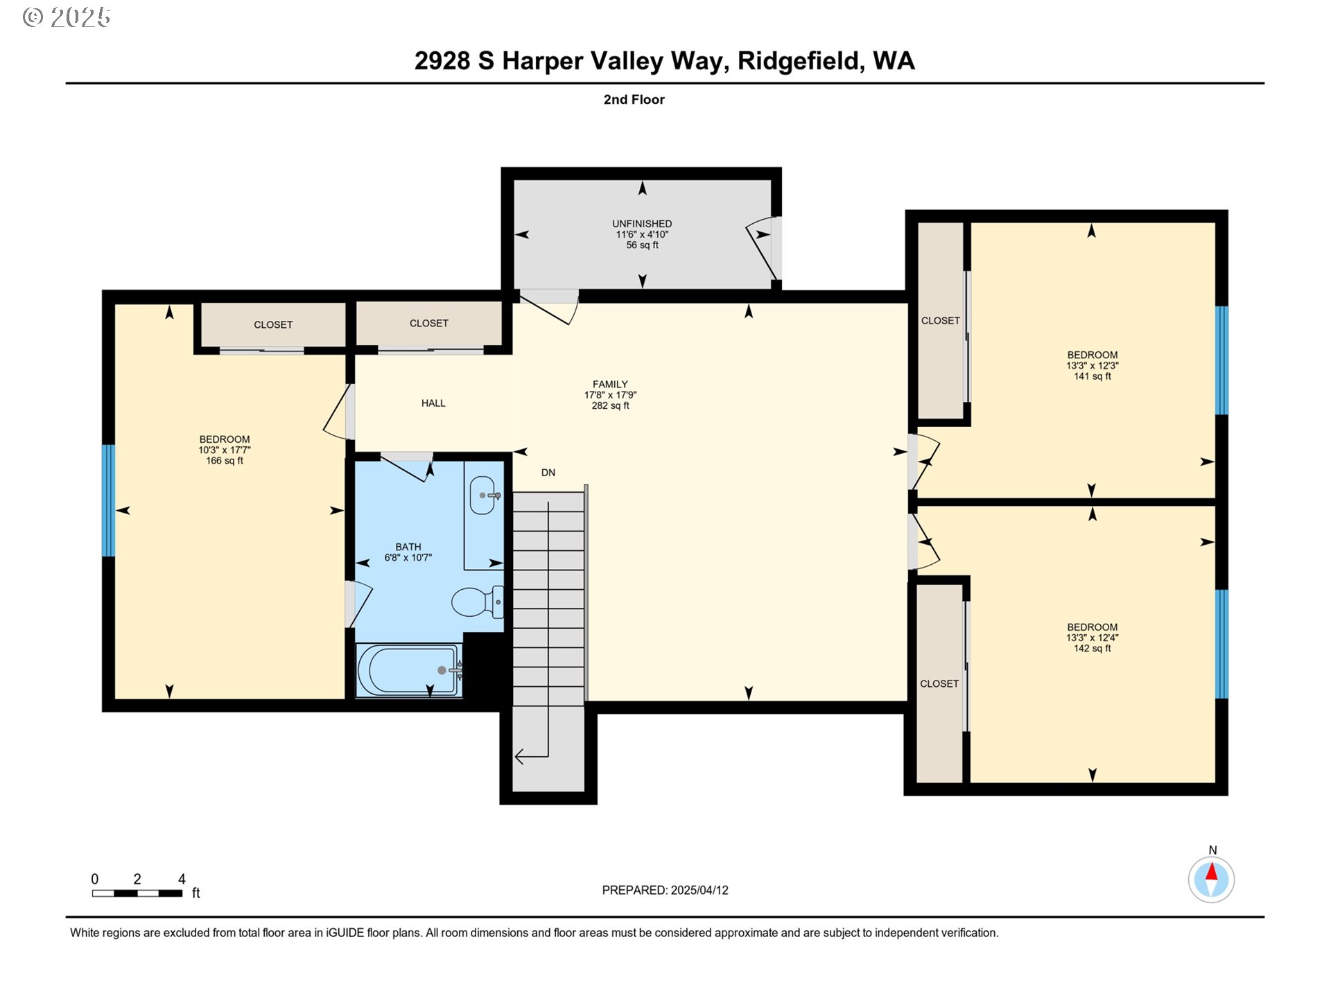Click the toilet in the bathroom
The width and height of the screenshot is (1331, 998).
477,602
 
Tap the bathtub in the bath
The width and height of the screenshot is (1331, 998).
408,670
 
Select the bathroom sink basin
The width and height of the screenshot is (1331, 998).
483,496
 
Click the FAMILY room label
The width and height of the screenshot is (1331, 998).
610,384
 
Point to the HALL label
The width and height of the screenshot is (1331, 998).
433,403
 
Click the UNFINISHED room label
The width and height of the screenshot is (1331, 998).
642,224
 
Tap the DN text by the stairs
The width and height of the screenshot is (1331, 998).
548,473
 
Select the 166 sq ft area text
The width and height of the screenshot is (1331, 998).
225,461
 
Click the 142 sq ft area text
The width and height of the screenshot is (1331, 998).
1093,649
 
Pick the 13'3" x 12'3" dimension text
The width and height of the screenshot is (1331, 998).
1093,366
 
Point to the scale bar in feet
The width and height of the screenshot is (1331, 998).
137,893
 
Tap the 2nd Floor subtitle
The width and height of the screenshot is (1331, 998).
634,100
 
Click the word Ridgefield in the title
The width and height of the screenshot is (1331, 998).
801,61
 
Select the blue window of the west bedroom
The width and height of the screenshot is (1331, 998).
108,500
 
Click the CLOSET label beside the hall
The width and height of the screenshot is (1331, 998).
429,324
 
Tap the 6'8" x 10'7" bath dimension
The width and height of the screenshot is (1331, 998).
408,558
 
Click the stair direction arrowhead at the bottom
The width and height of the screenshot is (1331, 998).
519,757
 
